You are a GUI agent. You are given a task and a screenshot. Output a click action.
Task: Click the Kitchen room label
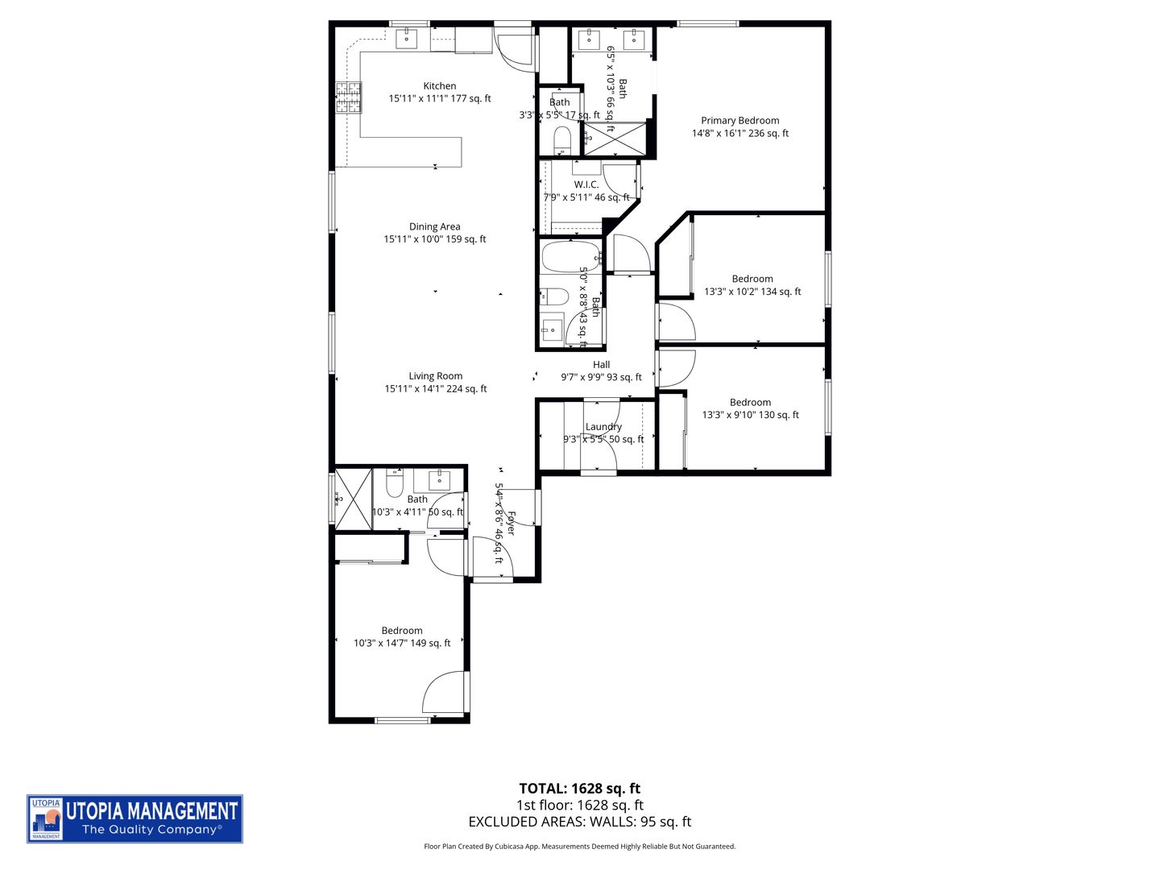click(439, 86)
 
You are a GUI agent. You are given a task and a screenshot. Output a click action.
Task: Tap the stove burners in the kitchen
click(348, 97)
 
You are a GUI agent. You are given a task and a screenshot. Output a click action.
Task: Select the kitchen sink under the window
click(406, 38)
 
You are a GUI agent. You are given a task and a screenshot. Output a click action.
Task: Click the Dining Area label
click(434, 227)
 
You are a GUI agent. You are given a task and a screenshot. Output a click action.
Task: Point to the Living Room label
click(435, 376)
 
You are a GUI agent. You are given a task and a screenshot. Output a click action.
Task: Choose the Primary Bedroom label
click(739, 121)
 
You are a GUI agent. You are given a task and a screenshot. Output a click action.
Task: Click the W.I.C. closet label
click(586, 185)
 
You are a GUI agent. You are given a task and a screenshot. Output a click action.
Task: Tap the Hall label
click(601, 365)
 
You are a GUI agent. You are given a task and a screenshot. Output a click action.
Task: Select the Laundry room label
click(603, 427)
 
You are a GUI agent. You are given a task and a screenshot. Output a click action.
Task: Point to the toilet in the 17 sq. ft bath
click(562, 140)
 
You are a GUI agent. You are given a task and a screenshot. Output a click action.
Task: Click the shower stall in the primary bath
click(615, 139)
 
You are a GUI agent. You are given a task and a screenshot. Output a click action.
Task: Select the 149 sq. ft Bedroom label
click(402, 631)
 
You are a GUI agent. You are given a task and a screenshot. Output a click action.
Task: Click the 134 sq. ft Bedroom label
click(752, 280)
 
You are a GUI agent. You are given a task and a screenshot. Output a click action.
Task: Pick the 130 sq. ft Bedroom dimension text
click(750, 416)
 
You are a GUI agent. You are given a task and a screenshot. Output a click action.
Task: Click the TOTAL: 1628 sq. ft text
click(579, 789)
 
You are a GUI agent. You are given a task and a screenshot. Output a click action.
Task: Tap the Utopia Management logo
click(135, 818)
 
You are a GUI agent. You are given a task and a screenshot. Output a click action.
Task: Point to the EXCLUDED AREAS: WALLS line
click(579, 822)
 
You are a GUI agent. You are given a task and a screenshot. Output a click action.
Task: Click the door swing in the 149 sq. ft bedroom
click(448, 693)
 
